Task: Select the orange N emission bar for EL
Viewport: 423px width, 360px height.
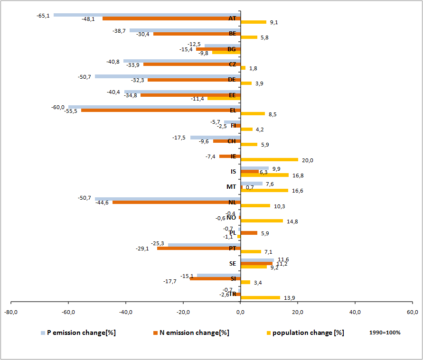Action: pyautogui.click(x=161, y=111)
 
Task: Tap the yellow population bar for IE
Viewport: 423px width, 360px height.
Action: pyautogui.click(x=269, y=160)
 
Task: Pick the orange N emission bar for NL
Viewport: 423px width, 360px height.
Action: pyautogui.click(x=177, y=202)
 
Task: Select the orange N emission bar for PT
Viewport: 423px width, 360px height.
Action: pyautogui.click(x=199, y=248)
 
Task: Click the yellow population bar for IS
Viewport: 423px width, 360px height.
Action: pyautogui.click(x=264, y=175)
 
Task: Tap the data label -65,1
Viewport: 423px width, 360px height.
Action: pyautogui.click(x=43, y=16)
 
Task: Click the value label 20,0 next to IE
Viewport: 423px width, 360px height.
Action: pyautogui.click(x=308, y=160)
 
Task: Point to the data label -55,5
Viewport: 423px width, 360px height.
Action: pyautogui.click(x=71, y=111)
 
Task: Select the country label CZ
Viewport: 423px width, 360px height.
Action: pyautogui.click(x=232, y=64)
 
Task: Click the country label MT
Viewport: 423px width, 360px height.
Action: pyautogui.click(x=231, y=186)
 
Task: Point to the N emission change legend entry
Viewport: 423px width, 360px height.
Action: pyautogui.click(x=194, y=332)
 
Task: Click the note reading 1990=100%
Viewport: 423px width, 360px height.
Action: pyautogui.click(x=385, y=332)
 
